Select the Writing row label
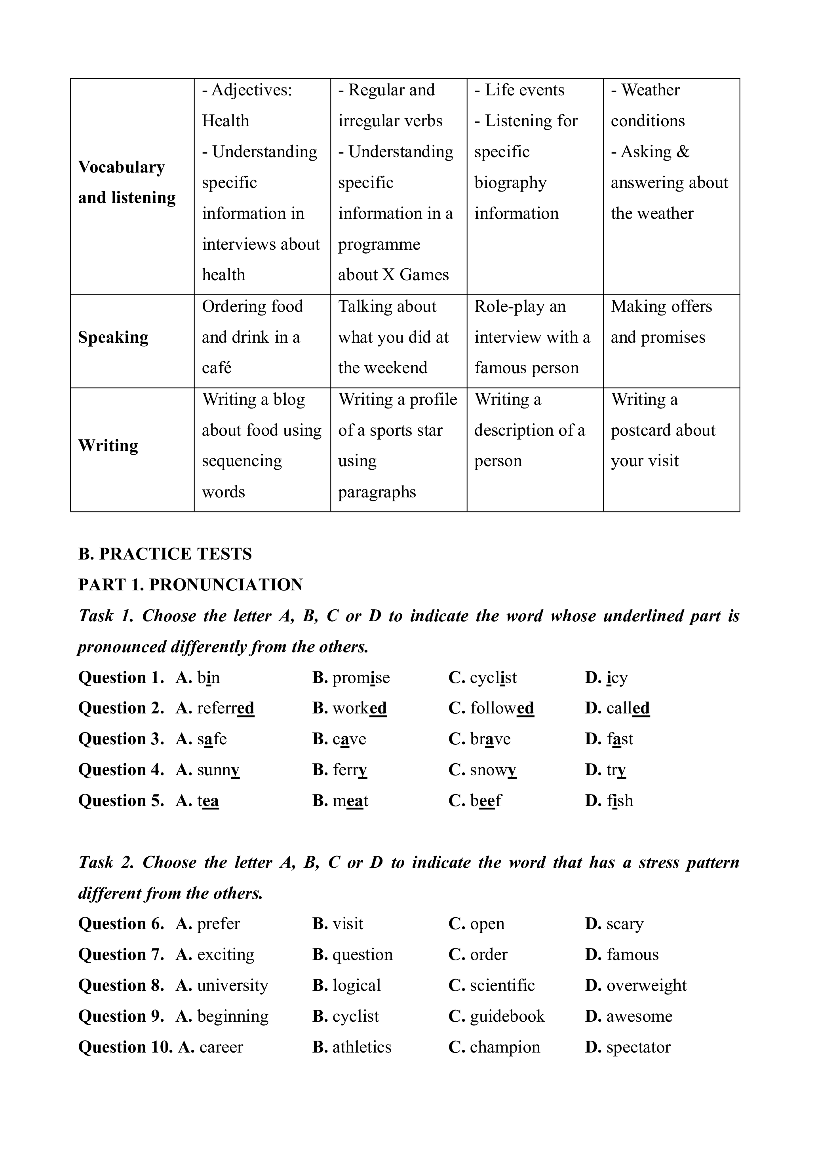[108, 446]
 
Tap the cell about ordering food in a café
[252, 337]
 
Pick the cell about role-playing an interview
[532, 337]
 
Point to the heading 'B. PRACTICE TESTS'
[165, 554]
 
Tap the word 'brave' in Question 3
[490, 739]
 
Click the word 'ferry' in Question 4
[350, 770]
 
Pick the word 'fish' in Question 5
[620, 801]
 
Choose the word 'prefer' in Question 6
[219, 924]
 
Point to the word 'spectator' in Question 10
[639, 1047]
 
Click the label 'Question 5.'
[121, 801]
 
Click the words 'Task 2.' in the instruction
[107, 862]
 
